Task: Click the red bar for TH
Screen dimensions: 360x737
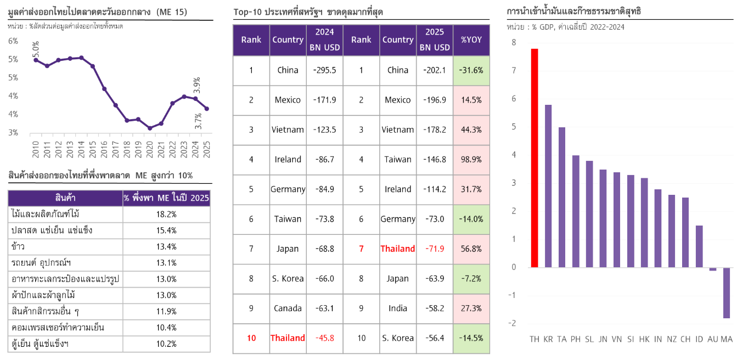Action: [x=535, y=157]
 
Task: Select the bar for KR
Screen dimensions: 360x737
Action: [x=548, y=186]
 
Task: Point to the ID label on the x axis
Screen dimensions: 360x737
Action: [x=699, y=339]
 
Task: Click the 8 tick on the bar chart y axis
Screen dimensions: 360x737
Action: [x=514, y=43]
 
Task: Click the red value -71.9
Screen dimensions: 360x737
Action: [x=435, y=249]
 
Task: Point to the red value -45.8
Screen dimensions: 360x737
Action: [x=325, y=338]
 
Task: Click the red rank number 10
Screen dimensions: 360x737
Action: [x=251, y=338]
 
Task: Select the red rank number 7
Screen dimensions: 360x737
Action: [x=361, y=249]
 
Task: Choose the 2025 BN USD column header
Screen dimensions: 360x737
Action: [x=435, y=40]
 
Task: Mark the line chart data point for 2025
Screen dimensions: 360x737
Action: [x=206, y=109]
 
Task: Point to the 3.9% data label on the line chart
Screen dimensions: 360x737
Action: [x=197, y=86]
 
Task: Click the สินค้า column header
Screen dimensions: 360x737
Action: [x=65, y=198]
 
